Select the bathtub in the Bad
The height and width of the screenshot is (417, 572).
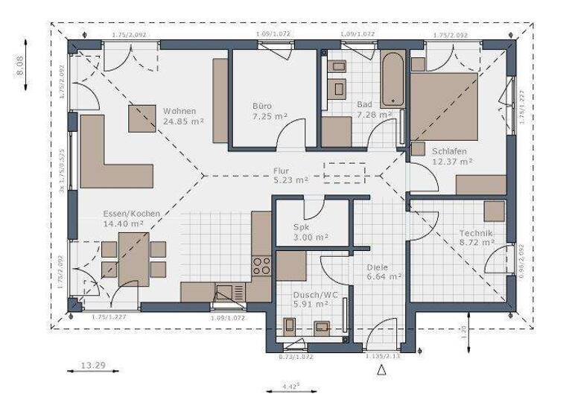coord(392,80)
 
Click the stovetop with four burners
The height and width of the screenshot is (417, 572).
coord(261,266)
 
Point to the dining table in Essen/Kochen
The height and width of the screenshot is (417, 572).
coord(134,259)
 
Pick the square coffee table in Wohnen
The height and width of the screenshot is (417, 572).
coord(142,118)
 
